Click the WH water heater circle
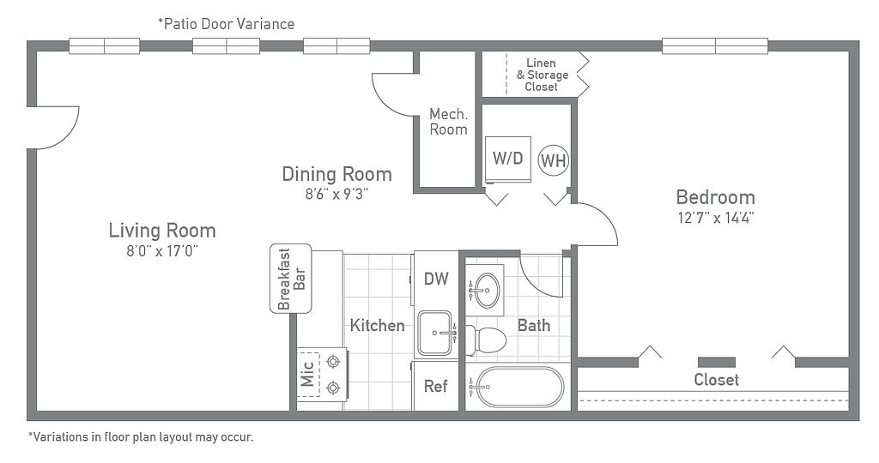tap(554, 160)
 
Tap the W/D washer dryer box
tap(508, 159)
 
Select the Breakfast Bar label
tap(291, 279)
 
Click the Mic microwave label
tap(307, 375)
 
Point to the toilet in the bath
tap(486, 340)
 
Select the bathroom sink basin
tap(485, 291)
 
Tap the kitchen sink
tap(435, 334)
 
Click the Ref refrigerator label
tap(435, 387)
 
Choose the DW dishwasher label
tap(436, 279)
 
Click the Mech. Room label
tap(448, 122)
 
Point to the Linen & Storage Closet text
tap(542, 75)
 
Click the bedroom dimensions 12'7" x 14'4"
tap(715, 218)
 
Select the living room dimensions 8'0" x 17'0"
tap(162, 251)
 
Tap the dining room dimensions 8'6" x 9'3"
tap(336, 195)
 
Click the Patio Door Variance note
tap(227, 24)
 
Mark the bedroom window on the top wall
tap(715, 46)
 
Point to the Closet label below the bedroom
tap(717, 380)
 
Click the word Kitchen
tap(378, 325)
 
